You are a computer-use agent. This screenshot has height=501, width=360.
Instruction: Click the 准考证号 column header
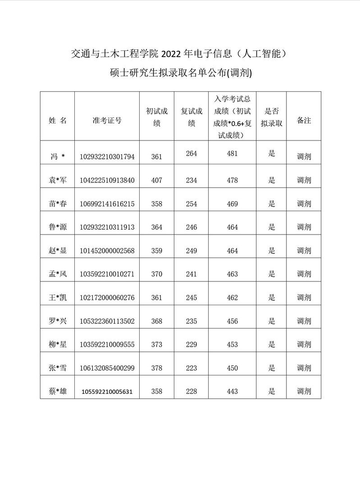coord(107,121)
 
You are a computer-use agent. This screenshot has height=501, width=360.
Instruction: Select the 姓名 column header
coord(58,121)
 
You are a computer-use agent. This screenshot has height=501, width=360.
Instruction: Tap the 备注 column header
coord(304,121)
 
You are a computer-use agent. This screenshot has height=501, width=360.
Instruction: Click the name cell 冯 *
coord(58,157)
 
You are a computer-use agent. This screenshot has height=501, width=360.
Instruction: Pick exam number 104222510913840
coord(107,180)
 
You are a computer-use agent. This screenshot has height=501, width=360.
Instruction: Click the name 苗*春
coord(58,203)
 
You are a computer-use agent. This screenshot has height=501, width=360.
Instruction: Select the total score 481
coord(232,154)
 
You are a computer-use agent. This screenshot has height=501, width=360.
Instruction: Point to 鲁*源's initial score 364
coord(157,227)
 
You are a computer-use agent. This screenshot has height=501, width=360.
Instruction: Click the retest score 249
coord(191,251)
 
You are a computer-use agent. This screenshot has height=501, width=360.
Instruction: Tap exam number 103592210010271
coord(107,274)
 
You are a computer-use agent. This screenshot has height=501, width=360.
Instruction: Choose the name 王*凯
coord(58,298)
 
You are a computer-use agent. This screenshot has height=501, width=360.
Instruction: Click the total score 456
coord(232,321)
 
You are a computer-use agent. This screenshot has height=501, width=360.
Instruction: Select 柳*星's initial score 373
coord(157,344)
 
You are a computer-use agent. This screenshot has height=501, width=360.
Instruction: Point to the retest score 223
coord(191,368)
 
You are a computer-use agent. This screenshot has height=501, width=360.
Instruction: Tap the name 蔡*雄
coord(58,391)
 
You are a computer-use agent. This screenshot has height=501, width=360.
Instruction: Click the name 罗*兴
coord(58,321)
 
